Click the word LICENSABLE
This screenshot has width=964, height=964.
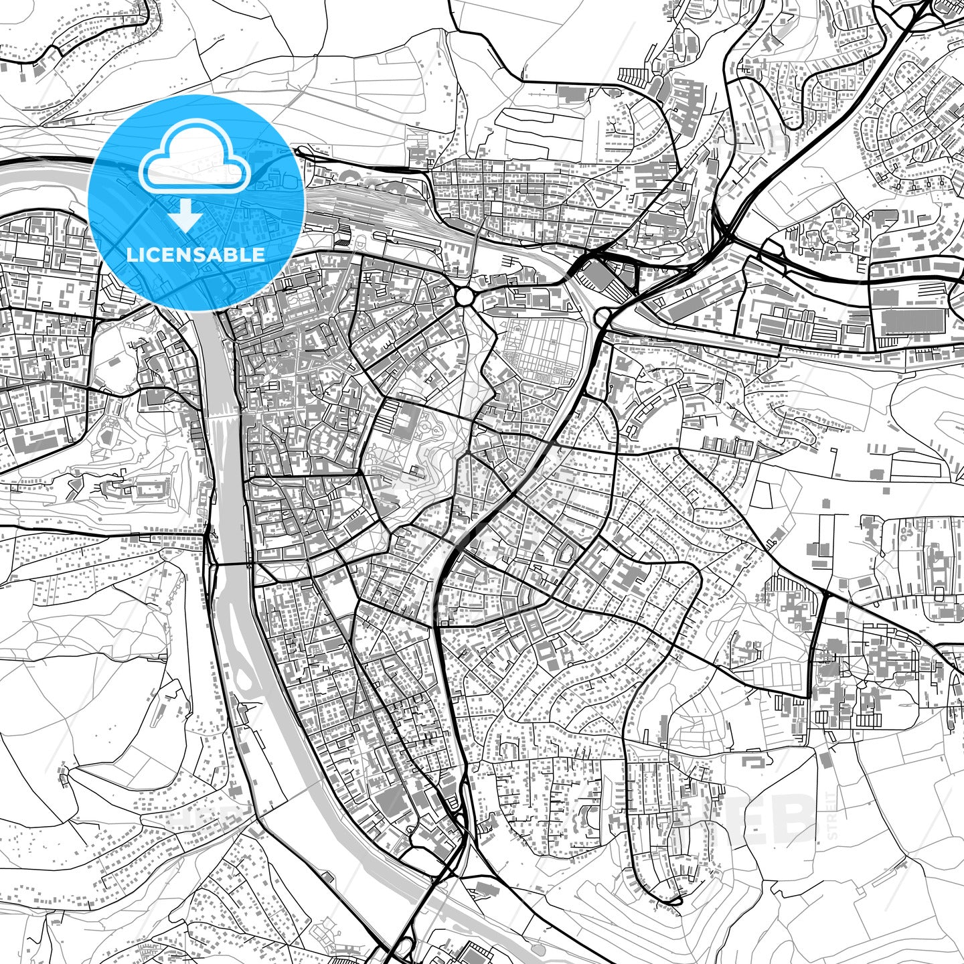[x=195, y=254]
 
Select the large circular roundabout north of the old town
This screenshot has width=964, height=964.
[x=464, y=295]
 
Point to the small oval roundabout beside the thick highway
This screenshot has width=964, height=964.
[x=603, y=316]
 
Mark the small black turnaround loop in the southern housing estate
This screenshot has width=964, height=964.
[x=671, y=901]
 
